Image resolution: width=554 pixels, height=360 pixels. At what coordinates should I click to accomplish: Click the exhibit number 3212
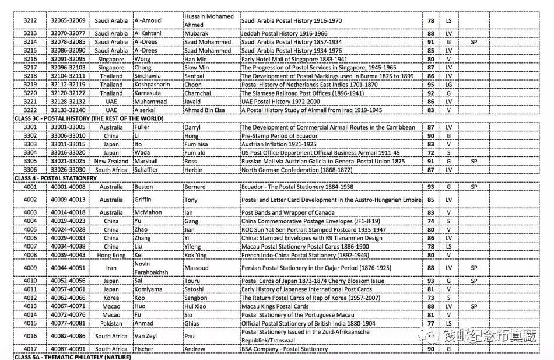point(30,21)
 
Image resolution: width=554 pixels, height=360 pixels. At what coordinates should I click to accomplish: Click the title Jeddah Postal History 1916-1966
point(285,34)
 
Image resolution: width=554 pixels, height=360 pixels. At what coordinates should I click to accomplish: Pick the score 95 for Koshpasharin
point(431,85)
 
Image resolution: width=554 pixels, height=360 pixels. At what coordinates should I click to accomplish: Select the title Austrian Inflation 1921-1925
point(279,144)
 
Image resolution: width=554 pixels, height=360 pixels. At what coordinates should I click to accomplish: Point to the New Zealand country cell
point(111,161)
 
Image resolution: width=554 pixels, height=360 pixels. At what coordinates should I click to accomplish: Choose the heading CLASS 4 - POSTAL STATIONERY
point(55,178)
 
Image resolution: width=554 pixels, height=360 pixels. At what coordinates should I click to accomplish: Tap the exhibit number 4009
point(30,268)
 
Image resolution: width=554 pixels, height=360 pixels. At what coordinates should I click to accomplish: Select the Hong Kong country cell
point(111,255)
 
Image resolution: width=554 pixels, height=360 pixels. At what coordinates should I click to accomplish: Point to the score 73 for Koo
point(431,298)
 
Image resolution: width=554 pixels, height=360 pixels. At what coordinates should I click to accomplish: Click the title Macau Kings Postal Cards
point(275,306)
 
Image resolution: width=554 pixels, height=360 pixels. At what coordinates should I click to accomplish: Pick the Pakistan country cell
point(111,323)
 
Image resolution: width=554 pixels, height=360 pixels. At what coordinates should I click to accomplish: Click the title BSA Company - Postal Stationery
point(285,349)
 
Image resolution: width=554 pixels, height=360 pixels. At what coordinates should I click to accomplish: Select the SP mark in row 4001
point(474,187)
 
